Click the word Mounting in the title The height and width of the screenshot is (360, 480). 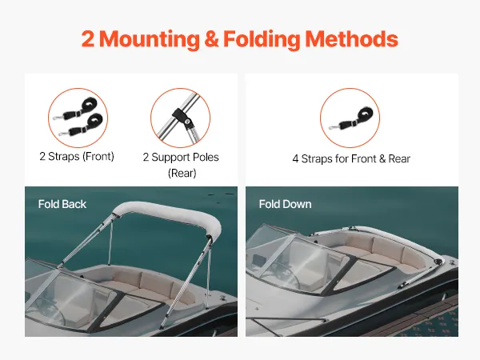[150, 39]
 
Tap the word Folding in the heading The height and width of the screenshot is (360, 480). [262, 39]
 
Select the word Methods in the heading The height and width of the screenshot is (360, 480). [351, 39]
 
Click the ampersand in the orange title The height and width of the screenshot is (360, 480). [211, 39]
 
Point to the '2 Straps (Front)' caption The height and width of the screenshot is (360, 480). [77, 157]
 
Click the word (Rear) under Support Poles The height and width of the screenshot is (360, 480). [182, 174]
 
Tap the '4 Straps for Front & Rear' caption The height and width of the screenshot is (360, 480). [351, 159]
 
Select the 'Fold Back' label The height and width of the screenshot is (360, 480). [62, 204]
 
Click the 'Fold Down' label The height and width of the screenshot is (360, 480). [285, 204]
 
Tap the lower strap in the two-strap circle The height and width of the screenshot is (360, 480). [81, 125]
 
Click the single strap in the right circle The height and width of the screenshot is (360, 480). [350, 118]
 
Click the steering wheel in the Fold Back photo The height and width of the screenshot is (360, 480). [49, 310]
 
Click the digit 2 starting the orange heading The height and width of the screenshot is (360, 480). [87, 39]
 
